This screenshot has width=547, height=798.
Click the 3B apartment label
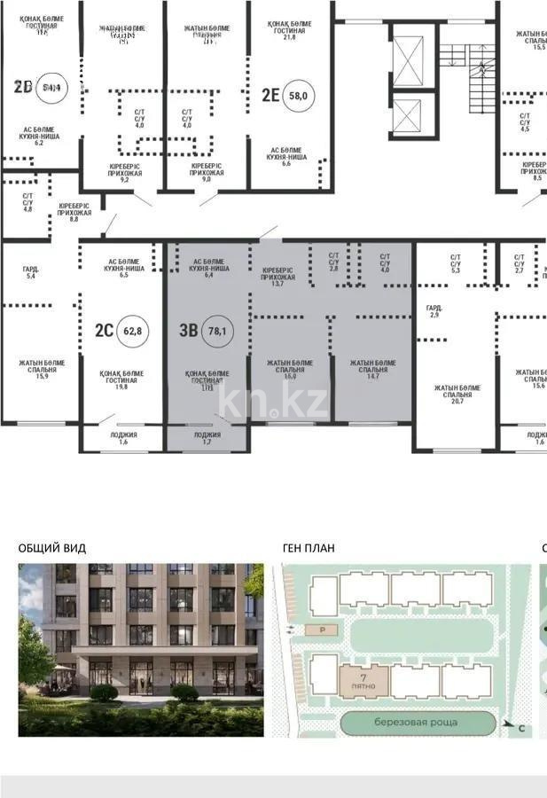(188, 331)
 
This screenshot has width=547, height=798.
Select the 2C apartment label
(104, 331)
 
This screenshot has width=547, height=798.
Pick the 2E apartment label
(270, 94)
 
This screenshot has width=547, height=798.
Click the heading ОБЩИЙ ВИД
(52, 548)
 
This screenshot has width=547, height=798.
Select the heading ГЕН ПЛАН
(309, 548)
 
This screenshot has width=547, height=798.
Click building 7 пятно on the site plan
(363, 680)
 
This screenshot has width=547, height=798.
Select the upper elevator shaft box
(410, 59)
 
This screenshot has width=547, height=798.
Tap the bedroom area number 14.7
(372, 377)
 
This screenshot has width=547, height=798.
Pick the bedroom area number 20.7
(457, 402)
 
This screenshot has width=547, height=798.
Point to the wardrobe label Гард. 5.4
(30, 273)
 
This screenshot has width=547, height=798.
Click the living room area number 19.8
(121, 387)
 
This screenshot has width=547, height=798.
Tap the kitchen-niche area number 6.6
(285, 164)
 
